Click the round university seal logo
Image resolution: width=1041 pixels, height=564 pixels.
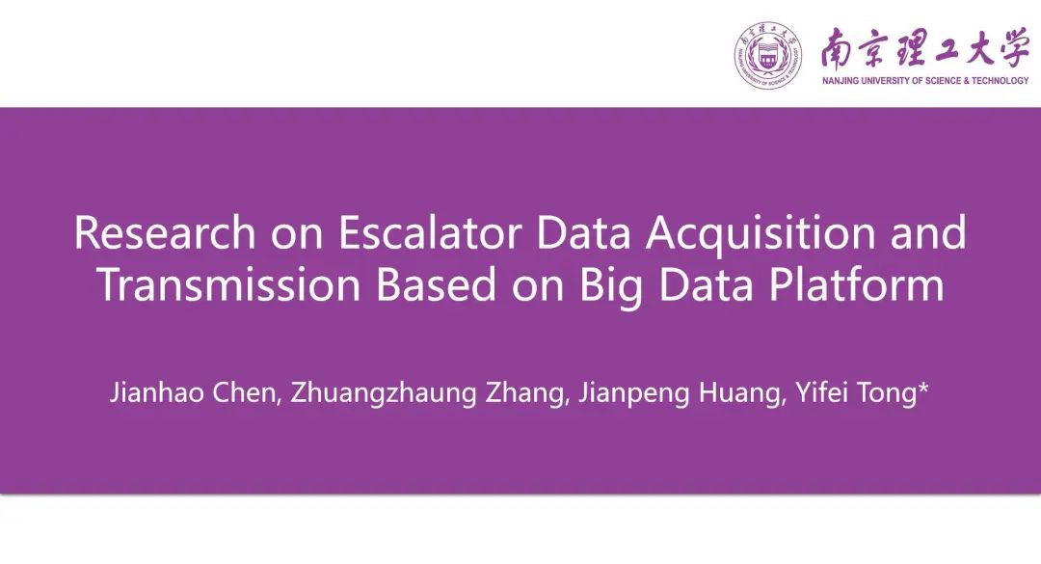tap(767, 55)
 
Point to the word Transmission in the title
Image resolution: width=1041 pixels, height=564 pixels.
tap(229, 284)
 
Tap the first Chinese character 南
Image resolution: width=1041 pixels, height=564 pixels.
tap(838, 48)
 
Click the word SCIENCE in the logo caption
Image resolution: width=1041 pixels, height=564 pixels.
tap(944, 81)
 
